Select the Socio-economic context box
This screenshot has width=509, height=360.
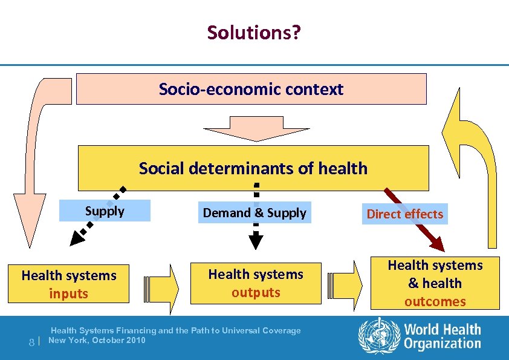[251, 90]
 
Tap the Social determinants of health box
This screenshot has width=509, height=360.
[253, 168]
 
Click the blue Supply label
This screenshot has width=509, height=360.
[105, 211]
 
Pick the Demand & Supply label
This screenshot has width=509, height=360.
[254, 213]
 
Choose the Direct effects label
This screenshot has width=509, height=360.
[404, 214]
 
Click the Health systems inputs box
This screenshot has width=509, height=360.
[69, 284]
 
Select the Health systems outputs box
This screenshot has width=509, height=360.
[256, 283]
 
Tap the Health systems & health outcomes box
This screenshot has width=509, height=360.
[435, 283]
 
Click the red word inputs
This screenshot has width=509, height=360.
[69, 294]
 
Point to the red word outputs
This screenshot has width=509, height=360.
[256, 293]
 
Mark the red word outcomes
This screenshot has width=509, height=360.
[435, 301]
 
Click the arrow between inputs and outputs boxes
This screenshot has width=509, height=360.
[161, 284]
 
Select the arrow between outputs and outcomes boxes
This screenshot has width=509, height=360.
[347, 283]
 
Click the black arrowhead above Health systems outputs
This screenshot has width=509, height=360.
[256, 242]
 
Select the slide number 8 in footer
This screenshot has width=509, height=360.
[31, 342]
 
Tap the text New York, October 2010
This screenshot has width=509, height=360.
[97, 340]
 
